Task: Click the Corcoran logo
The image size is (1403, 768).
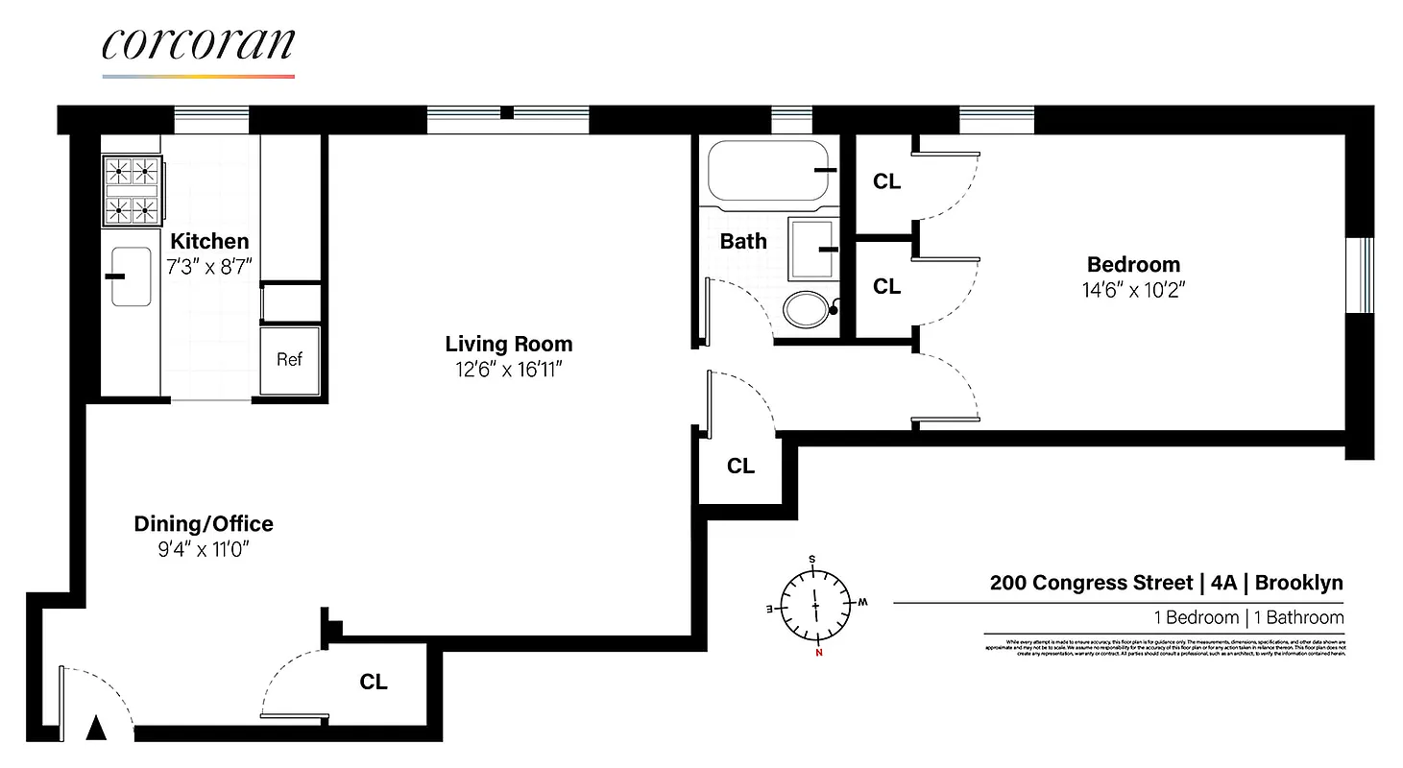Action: pyautogui.click(x=198, y=48)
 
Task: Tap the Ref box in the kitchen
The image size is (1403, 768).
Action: pyautogui.click(x=289, y=359)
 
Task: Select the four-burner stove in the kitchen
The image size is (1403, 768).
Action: pyautogui.click(x=132, y=190)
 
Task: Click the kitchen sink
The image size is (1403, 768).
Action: pyautogui.click(x=131, y=276)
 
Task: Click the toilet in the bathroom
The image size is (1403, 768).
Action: pyautogui.click(x=807, y=309)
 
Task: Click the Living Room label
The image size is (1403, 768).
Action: pyautogui.click(x=508, y=344)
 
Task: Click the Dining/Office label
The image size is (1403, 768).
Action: pyautogui.click(x=203, y=523)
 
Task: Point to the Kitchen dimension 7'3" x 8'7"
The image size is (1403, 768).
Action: pyautogui.click(x=209, y=267)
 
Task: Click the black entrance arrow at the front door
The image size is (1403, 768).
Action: pyautogui.click(x=95, y=729)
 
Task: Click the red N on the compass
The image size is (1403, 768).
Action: pyautogui.click(x=818, y=655)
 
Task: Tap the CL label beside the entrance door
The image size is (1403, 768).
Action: pyautogui.click(x=374, y=682)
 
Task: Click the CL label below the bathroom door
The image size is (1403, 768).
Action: pyautogui.click(x=740, y=467)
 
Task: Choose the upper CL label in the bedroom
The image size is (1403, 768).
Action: pyautogui.click(x=886, y=181)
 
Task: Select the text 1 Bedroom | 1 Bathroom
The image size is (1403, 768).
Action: pyautogui.click(x=1248, y=617)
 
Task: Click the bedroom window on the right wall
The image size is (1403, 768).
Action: pyautogui.click(x=1361, y=275)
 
